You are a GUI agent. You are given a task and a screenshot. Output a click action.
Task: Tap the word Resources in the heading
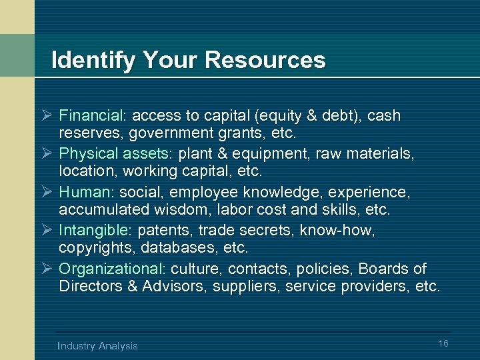[x=265, y=61]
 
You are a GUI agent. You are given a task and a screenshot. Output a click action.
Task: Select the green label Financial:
[x=87, y=115]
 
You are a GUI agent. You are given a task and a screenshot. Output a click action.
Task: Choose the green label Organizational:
[x=112, y=269]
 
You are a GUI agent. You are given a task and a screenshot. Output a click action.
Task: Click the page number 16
[x=443, y=343]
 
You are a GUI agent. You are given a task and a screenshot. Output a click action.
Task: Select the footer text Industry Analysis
[x=98, y=345]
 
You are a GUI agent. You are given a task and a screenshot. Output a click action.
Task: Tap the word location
[x=84, y=171]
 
